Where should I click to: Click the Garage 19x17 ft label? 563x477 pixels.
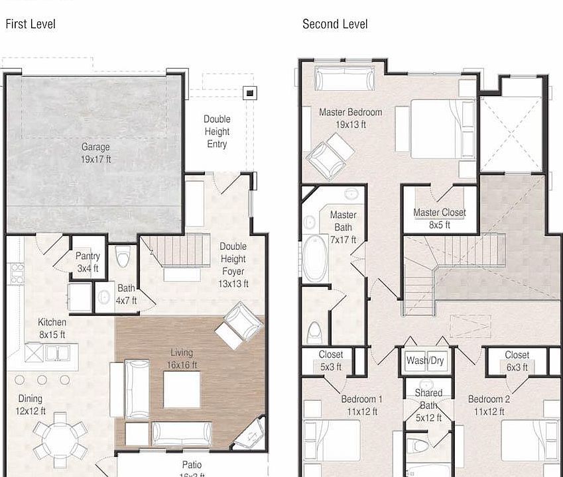[95, 153]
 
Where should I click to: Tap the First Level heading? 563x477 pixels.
[31, 25]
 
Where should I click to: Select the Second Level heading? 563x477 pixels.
[335, 25]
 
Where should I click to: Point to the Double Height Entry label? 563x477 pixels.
[217, 131]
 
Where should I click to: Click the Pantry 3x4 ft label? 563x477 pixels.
[88, 262]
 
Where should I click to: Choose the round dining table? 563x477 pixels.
[60, 438]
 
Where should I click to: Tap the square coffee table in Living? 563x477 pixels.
[182, 390]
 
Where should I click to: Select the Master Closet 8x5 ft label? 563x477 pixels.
[439, 219]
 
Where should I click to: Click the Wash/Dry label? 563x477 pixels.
[425, 361]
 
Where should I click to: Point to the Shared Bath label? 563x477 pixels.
[428, 405]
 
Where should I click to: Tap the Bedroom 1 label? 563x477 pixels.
[361, 405]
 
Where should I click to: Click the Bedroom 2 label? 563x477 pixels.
[489, 405]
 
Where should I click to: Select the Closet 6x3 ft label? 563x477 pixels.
[517, 361]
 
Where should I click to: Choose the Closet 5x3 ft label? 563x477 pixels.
[330, 361]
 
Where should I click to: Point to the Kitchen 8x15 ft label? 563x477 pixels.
[52, 329]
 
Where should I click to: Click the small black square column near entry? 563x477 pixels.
[249, 93]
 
